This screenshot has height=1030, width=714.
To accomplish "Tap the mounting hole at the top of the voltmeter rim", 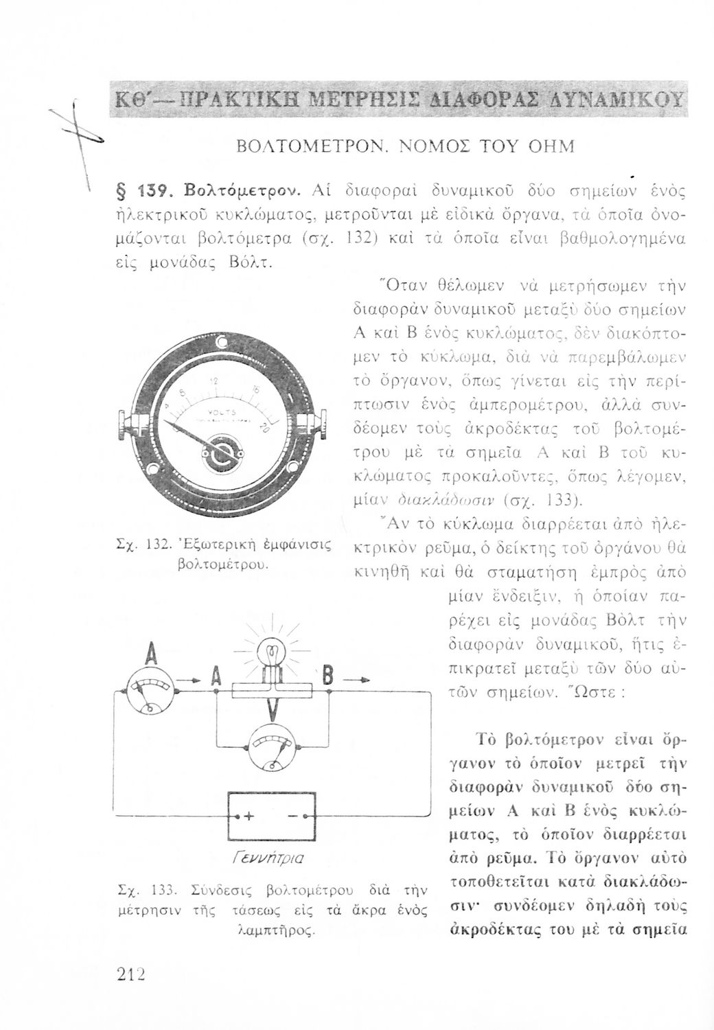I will pyautogui.click(x=222, y=342).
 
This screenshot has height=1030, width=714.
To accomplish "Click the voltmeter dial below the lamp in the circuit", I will pyautogui.click(x=270, y=747).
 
